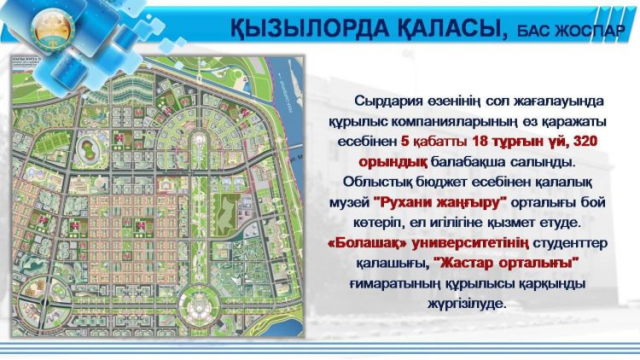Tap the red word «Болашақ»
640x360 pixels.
pyautogui.click(x=361, y=242)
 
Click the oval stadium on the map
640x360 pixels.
pyautogui.click(x=88, y=146)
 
